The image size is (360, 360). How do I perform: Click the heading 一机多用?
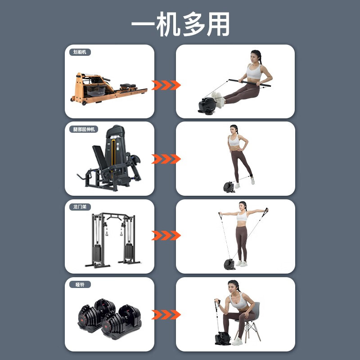180,24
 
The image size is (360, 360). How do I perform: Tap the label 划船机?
80,52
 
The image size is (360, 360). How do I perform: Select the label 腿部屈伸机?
85,129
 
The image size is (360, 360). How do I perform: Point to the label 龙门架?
80,207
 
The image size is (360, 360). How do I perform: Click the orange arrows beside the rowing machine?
166,85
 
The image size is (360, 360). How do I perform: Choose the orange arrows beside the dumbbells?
166,314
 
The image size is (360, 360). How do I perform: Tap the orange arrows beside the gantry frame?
166,235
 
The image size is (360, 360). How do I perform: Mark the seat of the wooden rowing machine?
128,85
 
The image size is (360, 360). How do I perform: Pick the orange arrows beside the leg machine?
166,159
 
